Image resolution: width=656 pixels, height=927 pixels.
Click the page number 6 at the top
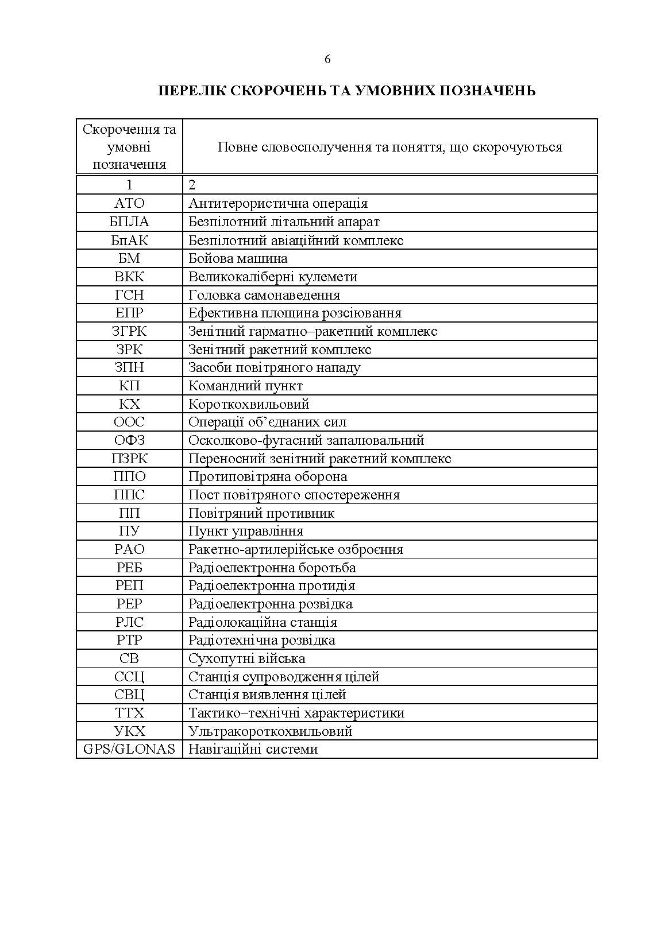pos(327,59)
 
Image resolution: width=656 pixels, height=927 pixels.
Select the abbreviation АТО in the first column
pos(129,203)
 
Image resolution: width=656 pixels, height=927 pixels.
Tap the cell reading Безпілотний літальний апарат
pos(284,222)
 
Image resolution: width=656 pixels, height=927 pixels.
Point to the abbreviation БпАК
pos(129,240)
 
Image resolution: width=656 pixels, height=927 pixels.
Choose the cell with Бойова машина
pos(238,258)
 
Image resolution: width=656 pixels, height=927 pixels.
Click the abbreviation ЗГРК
pos(129,331)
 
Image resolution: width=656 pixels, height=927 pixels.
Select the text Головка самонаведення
pos(264,295)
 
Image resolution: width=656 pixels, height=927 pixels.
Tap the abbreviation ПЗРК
pos(129,459)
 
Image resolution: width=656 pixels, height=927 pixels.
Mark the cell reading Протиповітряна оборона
pos(268,476)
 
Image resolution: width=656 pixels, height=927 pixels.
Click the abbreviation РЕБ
pos(129,568)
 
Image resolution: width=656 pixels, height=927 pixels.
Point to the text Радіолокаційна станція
pos(263,622)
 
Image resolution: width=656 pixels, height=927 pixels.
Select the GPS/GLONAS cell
pos(129,749)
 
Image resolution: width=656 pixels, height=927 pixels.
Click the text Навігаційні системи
pos(253,749)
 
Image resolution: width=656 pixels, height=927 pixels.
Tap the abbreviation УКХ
pos(129,731)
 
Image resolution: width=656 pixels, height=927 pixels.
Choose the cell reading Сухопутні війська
pos(246,658)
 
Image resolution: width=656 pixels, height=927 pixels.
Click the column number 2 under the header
pos(192,185)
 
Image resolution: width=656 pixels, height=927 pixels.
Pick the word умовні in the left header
pos(129,147)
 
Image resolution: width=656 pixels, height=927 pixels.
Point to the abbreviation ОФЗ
pos(129,440)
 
